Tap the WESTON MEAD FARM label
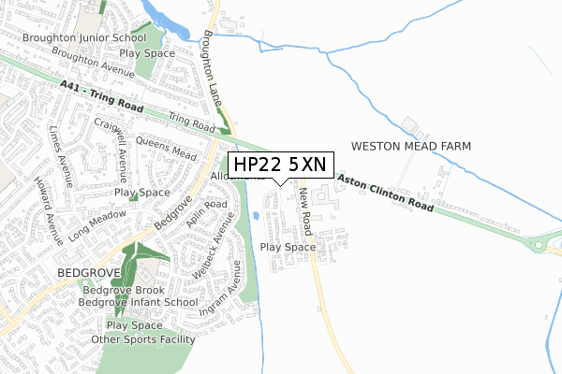(410, 147)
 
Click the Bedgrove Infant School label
(138, 302)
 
